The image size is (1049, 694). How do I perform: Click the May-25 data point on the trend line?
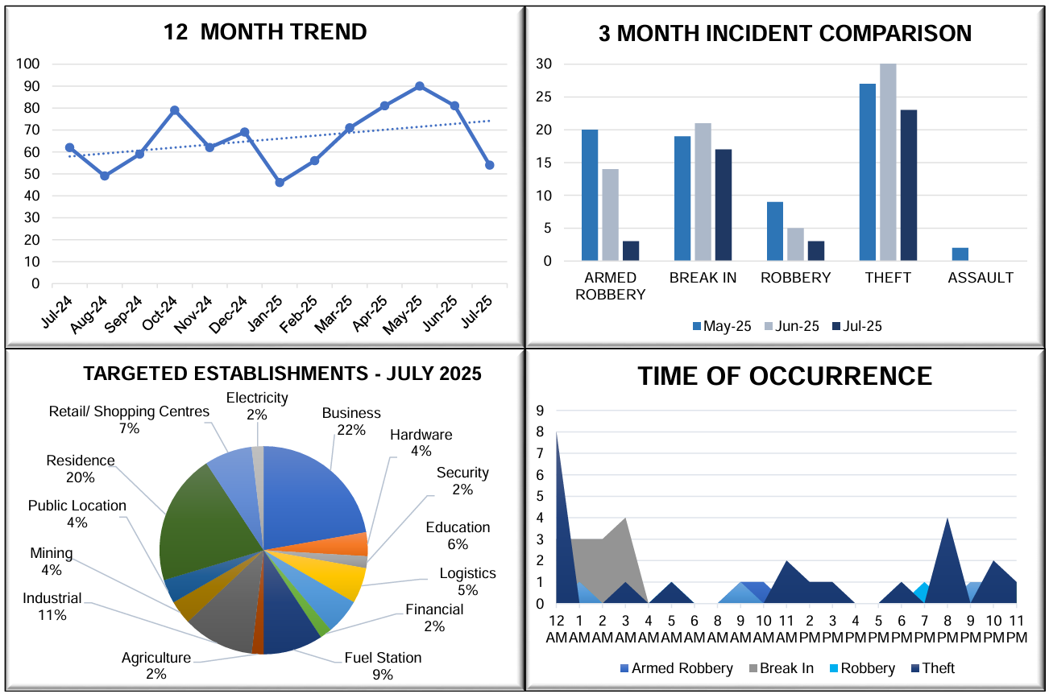pyautogui.click(x=420, y=86)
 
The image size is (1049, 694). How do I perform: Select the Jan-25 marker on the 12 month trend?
pyautogui.click(x=280, y=183)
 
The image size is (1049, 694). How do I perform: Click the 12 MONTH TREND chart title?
pyautogui.click(x=265, y=32)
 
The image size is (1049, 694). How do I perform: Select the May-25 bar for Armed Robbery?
pyautogui.click(x=590, y=195)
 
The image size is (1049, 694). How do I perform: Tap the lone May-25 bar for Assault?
pyautogui.click(x=960, y=254)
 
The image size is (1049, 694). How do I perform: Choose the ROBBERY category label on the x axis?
pyautogui.click(x=795, y=279)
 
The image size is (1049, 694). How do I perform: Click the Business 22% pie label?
pyautogui.click(x=351, y=421)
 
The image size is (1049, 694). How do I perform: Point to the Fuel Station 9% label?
pyautogui.click(x=383, y=666)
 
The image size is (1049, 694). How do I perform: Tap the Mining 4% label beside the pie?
pyautogui.click(x=52, y=561)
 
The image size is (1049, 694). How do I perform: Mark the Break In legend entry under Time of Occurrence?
pyautogui.click(x=779, y=668)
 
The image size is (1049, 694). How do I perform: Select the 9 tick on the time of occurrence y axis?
pyautogui.click(x=541, y=411)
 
